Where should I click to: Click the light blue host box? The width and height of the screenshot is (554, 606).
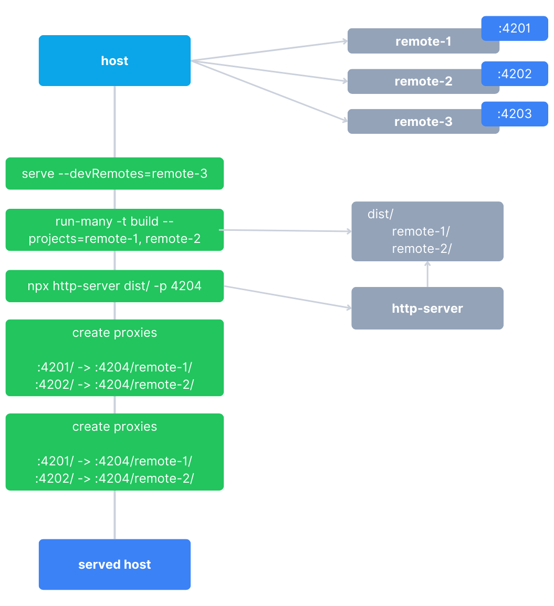114,61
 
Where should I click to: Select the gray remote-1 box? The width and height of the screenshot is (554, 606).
415,41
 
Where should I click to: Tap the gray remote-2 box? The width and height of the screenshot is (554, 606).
415,81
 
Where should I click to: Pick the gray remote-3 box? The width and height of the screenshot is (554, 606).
415,122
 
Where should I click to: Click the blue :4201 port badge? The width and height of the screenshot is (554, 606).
515,28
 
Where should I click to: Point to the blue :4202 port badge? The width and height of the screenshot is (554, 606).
515,74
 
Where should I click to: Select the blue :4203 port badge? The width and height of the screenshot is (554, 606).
515,114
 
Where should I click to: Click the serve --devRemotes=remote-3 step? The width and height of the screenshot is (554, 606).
114,173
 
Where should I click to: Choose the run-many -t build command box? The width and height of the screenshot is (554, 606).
114,230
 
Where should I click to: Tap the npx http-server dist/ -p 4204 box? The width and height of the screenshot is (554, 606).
114,286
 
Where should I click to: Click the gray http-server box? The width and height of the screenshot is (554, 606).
427,308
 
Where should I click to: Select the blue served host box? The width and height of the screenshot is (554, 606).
114,565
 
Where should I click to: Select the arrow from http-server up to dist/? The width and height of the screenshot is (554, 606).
427,274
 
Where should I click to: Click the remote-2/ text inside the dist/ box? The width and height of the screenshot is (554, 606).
422,249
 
